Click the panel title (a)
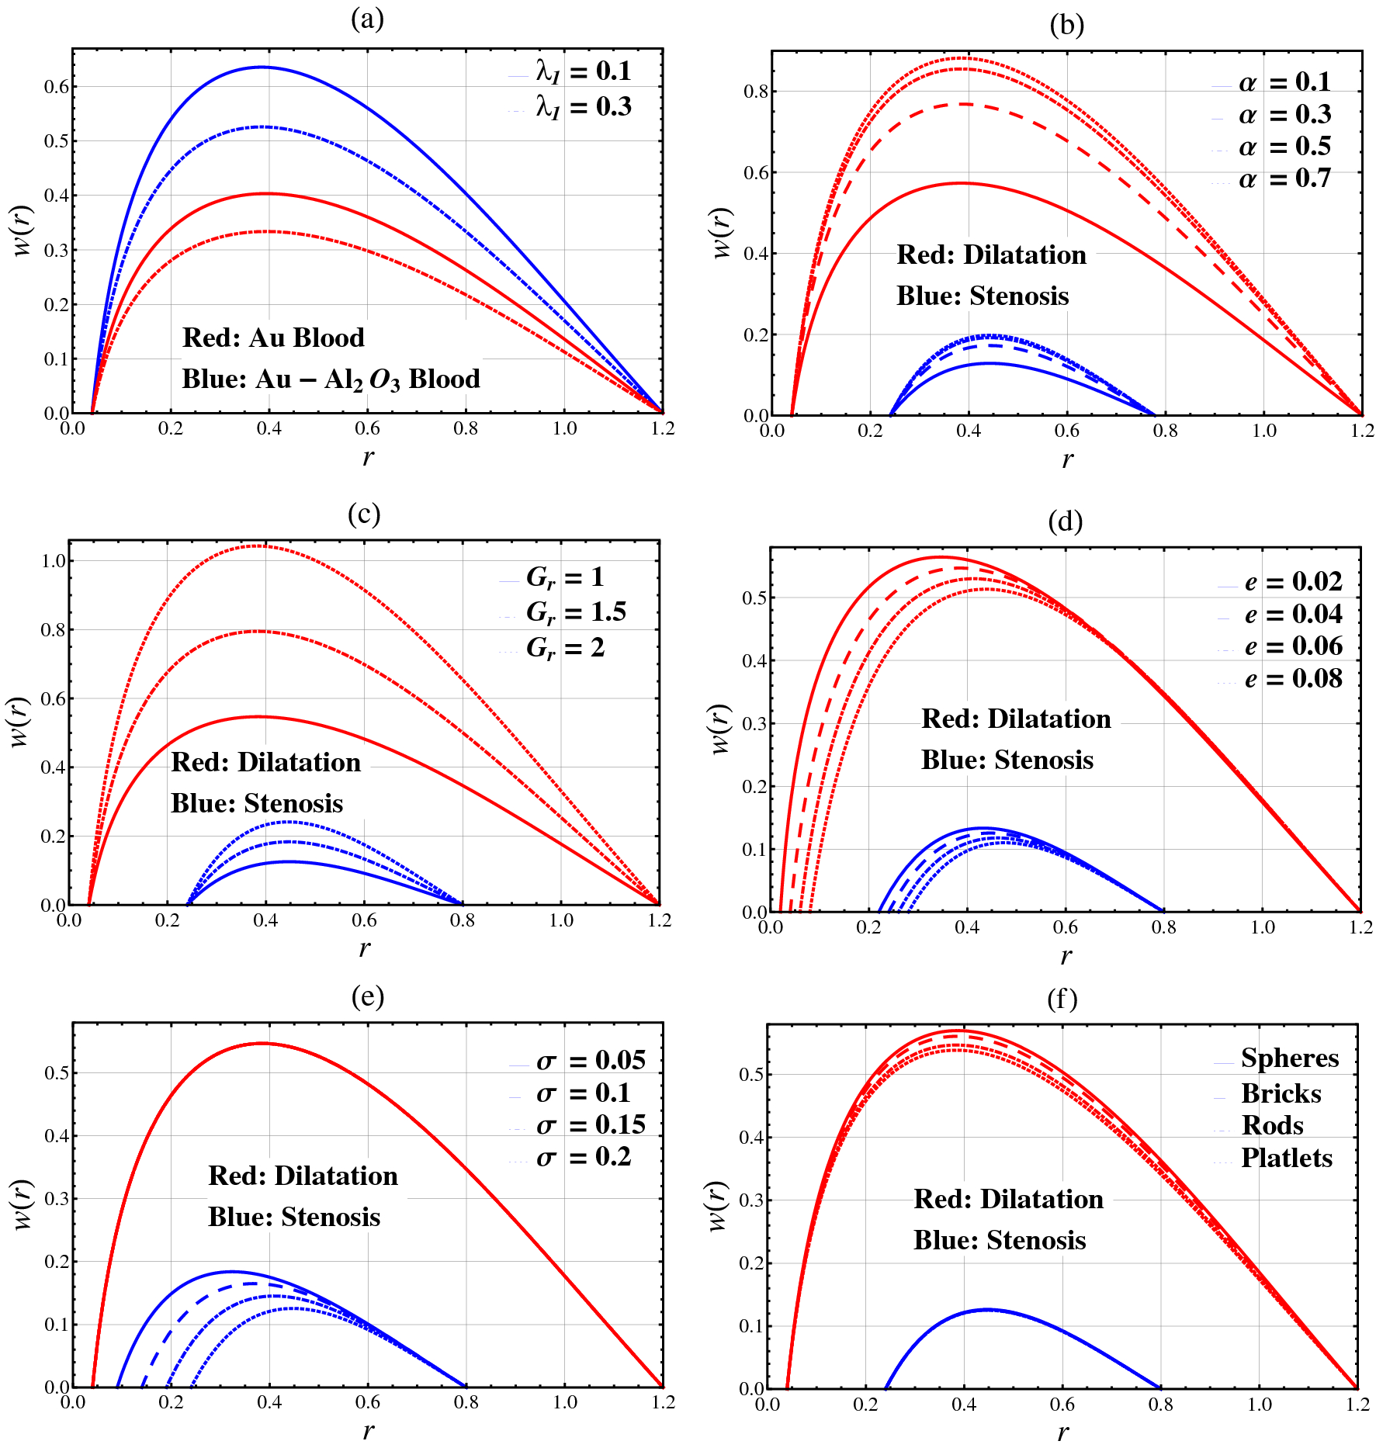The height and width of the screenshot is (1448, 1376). click(x=367, y=19)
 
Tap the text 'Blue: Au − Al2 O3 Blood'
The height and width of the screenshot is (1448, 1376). click(x=331, y=379)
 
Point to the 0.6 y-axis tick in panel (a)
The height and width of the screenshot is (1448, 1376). click(x=56, y=86)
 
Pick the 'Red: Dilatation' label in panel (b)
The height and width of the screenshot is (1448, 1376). click(x=991, y=255)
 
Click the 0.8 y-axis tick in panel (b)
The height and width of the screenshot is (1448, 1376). click(x=756, y=92)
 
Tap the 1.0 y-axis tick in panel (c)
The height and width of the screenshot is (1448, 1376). click(x=53, y=561)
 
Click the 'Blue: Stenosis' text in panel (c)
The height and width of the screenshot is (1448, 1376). click(x=257, y=804)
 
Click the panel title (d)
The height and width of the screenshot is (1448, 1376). click(x=1065, y=521)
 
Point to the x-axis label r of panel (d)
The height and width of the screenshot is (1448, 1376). click(x=1066, y=955)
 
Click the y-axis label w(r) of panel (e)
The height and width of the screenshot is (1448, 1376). click(x=23, y=1205)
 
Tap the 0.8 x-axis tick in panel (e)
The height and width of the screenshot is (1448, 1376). click(x=466, y=1403)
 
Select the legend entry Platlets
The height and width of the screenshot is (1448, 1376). click(x=1286, y=1159)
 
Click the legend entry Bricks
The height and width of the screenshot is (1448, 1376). click(x=1281, y=1094)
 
